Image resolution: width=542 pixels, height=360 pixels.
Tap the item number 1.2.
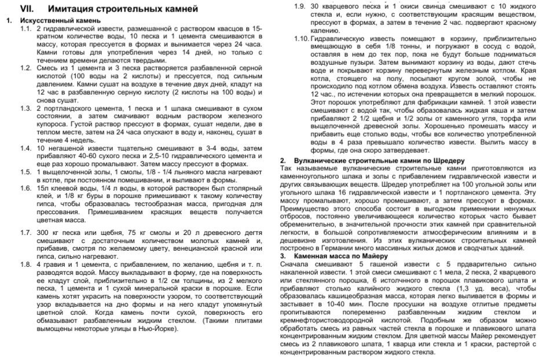tap(26, 68)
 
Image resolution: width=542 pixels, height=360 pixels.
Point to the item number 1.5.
tap(26, 172)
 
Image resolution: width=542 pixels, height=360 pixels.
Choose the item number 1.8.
tap(26, 265)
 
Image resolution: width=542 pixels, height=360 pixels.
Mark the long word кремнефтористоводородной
tap(336, 320)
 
